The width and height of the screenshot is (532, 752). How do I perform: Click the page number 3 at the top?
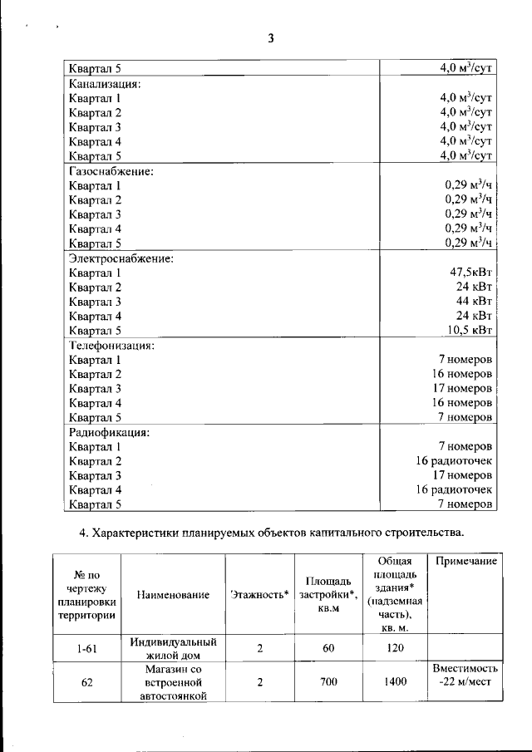(x=271, y=38)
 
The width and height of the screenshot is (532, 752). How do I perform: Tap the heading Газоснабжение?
(x=111, y=171)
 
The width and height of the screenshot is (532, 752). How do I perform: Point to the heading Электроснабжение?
(x=121, y=258)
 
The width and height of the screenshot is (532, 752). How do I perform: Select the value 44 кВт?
(x=476, y=302)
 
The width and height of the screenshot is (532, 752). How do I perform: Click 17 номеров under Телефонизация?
(x=464, y=389)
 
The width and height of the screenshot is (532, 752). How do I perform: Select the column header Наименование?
(x=173, y=594)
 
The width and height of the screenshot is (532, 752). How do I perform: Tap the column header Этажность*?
(x=259, y=594)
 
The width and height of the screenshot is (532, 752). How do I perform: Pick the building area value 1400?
(x=395, y=682)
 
